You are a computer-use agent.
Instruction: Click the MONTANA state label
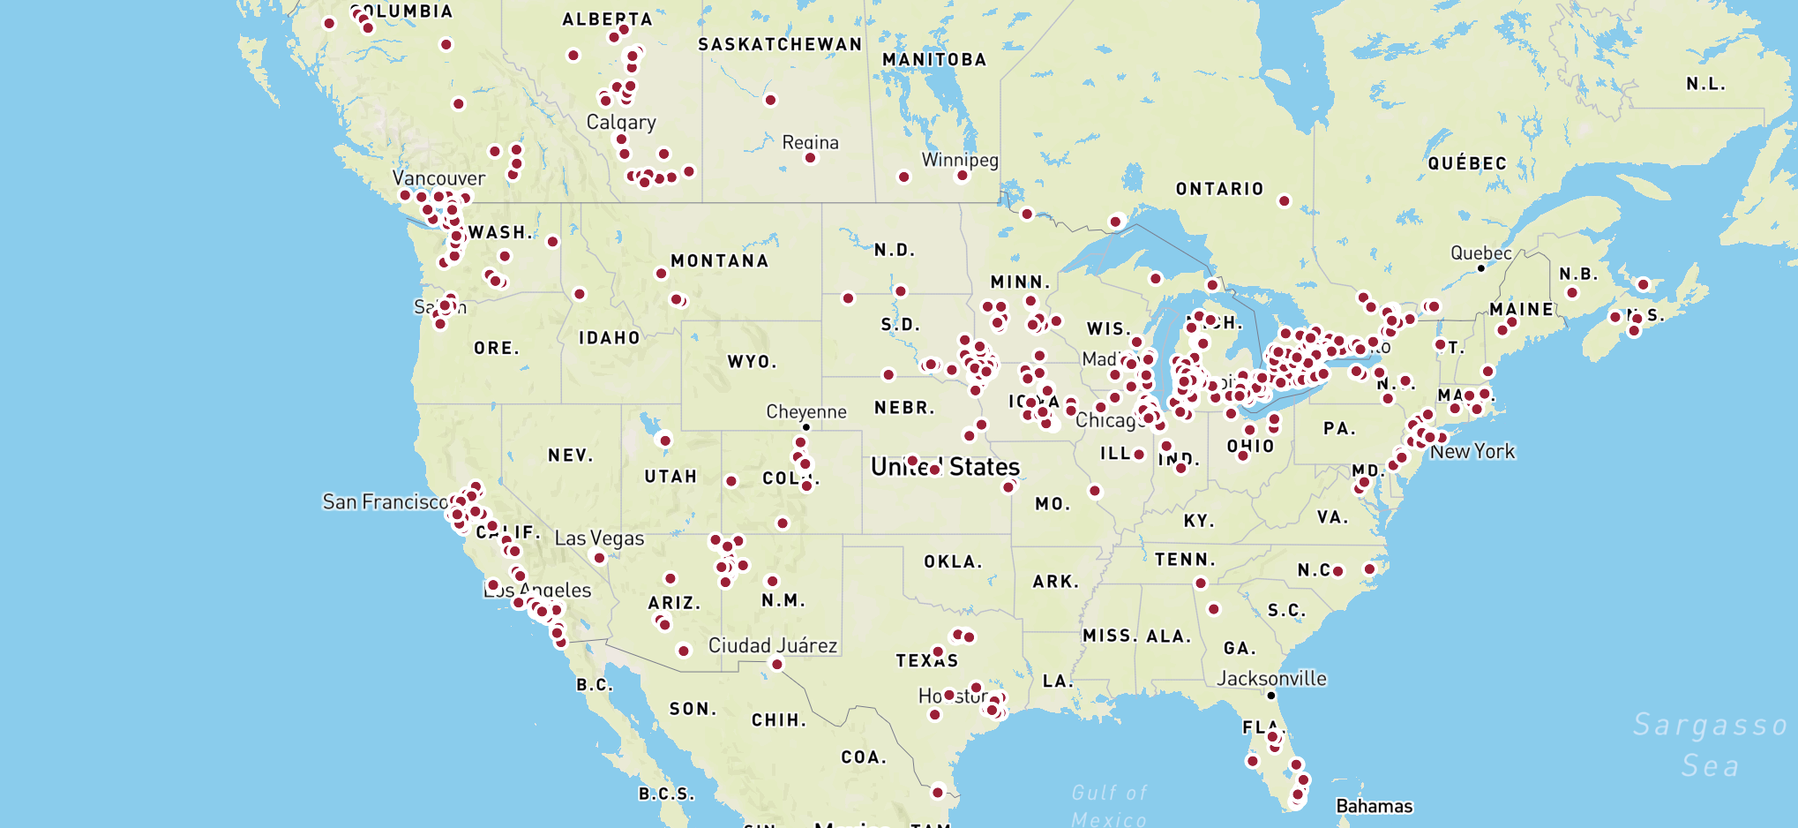coord(719,260)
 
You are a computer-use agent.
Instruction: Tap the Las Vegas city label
coord(599,538)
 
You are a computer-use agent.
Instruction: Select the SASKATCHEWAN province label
coord(780,44)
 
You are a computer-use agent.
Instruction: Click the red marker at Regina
coord(810,158)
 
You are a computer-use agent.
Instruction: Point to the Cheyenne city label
coord(805,411)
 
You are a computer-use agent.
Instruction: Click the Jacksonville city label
coord(1271,678)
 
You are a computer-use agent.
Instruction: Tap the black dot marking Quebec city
coord(1481,268)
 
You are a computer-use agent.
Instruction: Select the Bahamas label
coord(1374,806)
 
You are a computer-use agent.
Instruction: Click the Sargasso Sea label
coord(1710,744)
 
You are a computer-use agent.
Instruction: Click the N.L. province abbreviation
coord(1705,84)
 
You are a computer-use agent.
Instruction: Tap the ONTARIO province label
coord(1219,189)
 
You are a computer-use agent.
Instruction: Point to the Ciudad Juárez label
coord(773,645)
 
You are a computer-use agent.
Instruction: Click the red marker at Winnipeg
coord(963,176)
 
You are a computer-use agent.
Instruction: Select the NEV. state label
coord(570,455)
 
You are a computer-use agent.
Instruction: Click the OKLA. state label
coord(953,561)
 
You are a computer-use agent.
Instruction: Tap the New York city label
coord(1472,451)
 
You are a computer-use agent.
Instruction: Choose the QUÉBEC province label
coord(1467,163)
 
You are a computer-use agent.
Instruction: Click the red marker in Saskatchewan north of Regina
coord(770,100)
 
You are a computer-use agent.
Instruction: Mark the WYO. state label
coord(752,362)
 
